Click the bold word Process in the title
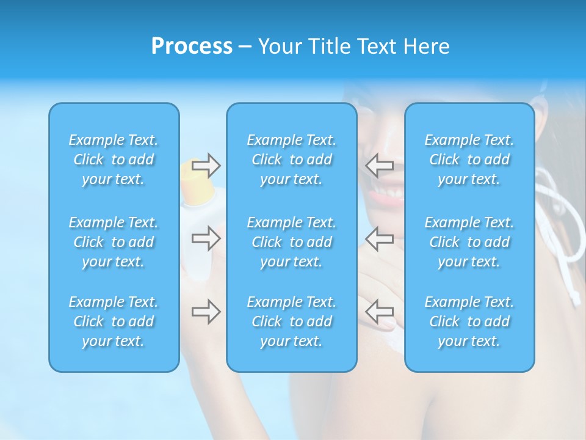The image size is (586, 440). tap(192, 46)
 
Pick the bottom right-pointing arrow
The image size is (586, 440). tap(206, 312)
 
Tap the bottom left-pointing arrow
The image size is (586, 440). tap(379, 312)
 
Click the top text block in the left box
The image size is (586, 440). tap(114, 159)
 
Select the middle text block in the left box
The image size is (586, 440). tap(114, 242)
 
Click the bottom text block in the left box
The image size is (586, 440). tap(114, 321)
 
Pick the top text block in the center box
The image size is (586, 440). tap(292, 159)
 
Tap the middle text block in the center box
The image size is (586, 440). tap(292, 242)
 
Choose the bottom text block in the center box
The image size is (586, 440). tap(292, 321)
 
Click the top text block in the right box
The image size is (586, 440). tap(469, 159)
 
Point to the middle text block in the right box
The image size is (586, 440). tap(469, 242)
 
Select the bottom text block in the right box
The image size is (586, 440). tap(469, 321)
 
